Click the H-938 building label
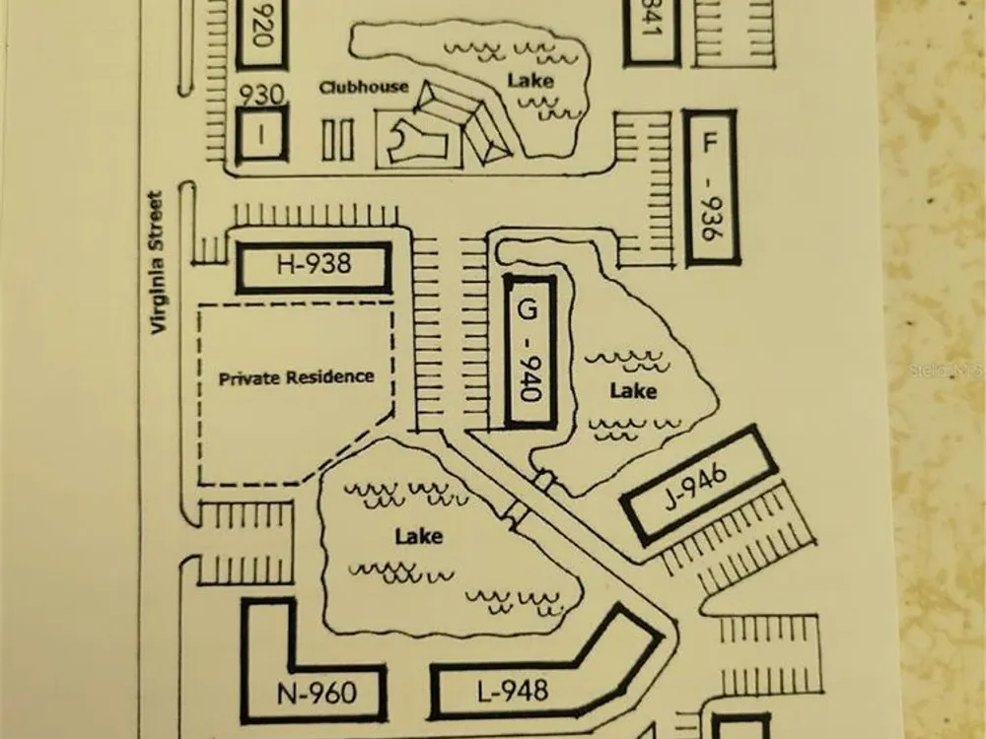pyautogui.click(x=314, y=264)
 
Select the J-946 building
pyautogui.click(x=698, y=484)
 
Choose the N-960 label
pyautogui.click(x=317, y=694)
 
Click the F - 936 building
pyautogui.click(x=709, y=187)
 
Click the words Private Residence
pyautogui.click(x=296, y=376)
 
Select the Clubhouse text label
pyautogui.click(x=363, y=87)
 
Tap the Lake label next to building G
pyautogui.click(x=633, y=391)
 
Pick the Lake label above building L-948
pyautogui.click(x=418, y=537)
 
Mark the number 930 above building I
pyautogui.click(x=261, y=95)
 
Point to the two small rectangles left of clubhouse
pyautogui.click(x=337, y=139)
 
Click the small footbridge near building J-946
pyautogui.click(x=545, y=482)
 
